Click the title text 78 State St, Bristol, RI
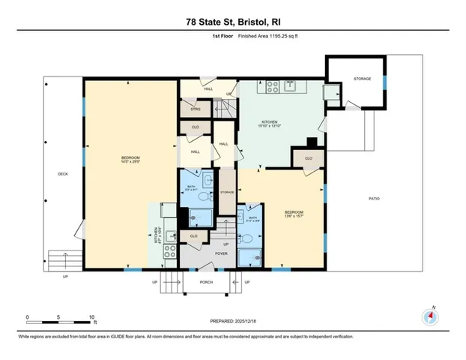233,23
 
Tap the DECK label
63,175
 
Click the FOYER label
200,253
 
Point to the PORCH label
206,282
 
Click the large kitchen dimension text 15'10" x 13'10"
270,127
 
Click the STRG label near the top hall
196,109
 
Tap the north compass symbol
430,316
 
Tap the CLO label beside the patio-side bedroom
307,158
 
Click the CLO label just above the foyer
193,236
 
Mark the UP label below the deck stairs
65,277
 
